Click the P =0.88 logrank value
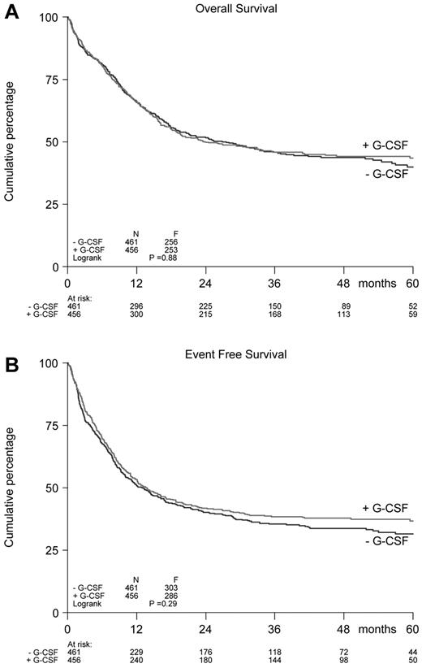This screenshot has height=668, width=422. click(x=163, y=257)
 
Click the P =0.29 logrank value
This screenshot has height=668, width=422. click(x=163, y=604)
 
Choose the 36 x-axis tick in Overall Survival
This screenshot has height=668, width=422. click(x=275, y=283)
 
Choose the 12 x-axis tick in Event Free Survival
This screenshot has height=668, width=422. click(x=136, y=629)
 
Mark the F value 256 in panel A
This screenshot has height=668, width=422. click(x=170, y=241)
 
